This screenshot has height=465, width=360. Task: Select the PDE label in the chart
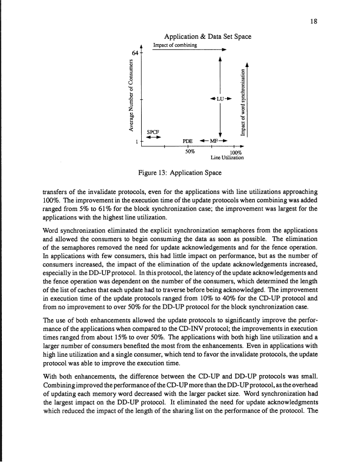point(188,142)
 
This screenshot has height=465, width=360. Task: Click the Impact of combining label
point(175,45)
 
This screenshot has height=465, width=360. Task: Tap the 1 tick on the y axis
point(136,142)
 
